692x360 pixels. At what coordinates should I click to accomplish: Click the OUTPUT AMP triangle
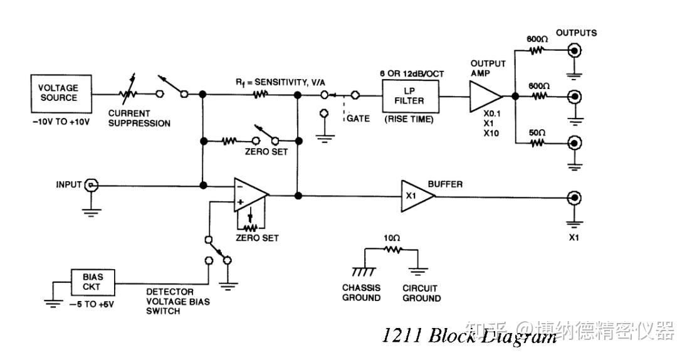485,97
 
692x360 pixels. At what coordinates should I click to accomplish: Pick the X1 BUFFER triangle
417,196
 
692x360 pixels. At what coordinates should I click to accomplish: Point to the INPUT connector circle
92,185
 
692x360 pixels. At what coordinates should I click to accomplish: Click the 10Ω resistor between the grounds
392,250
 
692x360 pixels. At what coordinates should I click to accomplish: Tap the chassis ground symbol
364,271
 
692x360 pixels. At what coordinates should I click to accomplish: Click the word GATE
358,119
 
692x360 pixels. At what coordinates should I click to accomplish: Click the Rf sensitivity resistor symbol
260,94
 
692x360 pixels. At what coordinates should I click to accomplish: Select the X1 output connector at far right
574,198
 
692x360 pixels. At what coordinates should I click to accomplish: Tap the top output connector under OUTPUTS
574,51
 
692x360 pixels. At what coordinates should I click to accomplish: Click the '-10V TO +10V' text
61,122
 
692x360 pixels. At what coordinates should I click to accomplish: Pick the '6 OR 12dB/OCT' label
412,74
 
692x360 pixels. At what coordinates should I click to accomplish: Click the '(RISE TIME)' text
409,119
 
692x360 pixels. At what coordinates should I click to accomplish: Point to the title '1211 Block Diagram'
469,336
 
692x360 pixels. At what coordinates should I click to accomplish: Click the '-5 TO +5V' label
92,304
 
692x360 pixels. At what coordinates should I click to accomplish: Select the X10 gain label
491,133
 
